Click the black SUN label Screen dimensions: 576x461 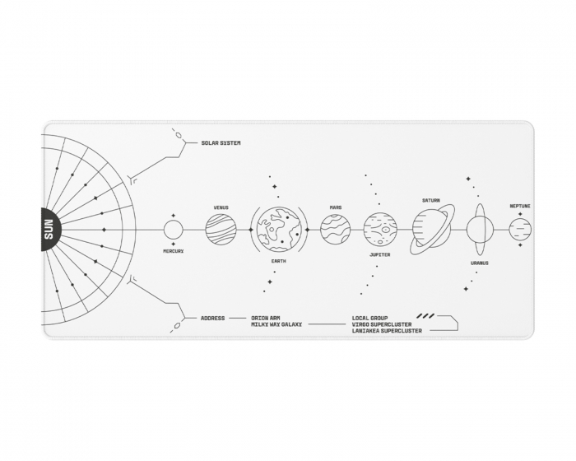click(50, 230)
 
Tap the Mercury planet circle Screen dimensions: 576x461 click(173, 230)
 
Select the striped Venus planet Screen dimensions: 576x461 click(221, 230)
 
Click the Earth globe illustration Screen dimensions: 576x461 click(279, 230)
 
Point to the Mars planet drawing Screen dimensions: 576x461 click(336, 230)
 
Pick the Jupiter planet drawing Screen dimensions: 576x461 click(380, 230)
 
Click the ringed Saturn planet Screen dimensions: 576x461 click(432, 230)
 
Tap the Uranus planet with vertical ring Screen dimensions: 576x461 click(480, 230)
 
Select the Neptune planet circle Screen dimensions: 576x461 click(520, 230)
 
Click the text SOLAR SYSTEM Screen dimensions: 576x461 click(221, 143)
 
